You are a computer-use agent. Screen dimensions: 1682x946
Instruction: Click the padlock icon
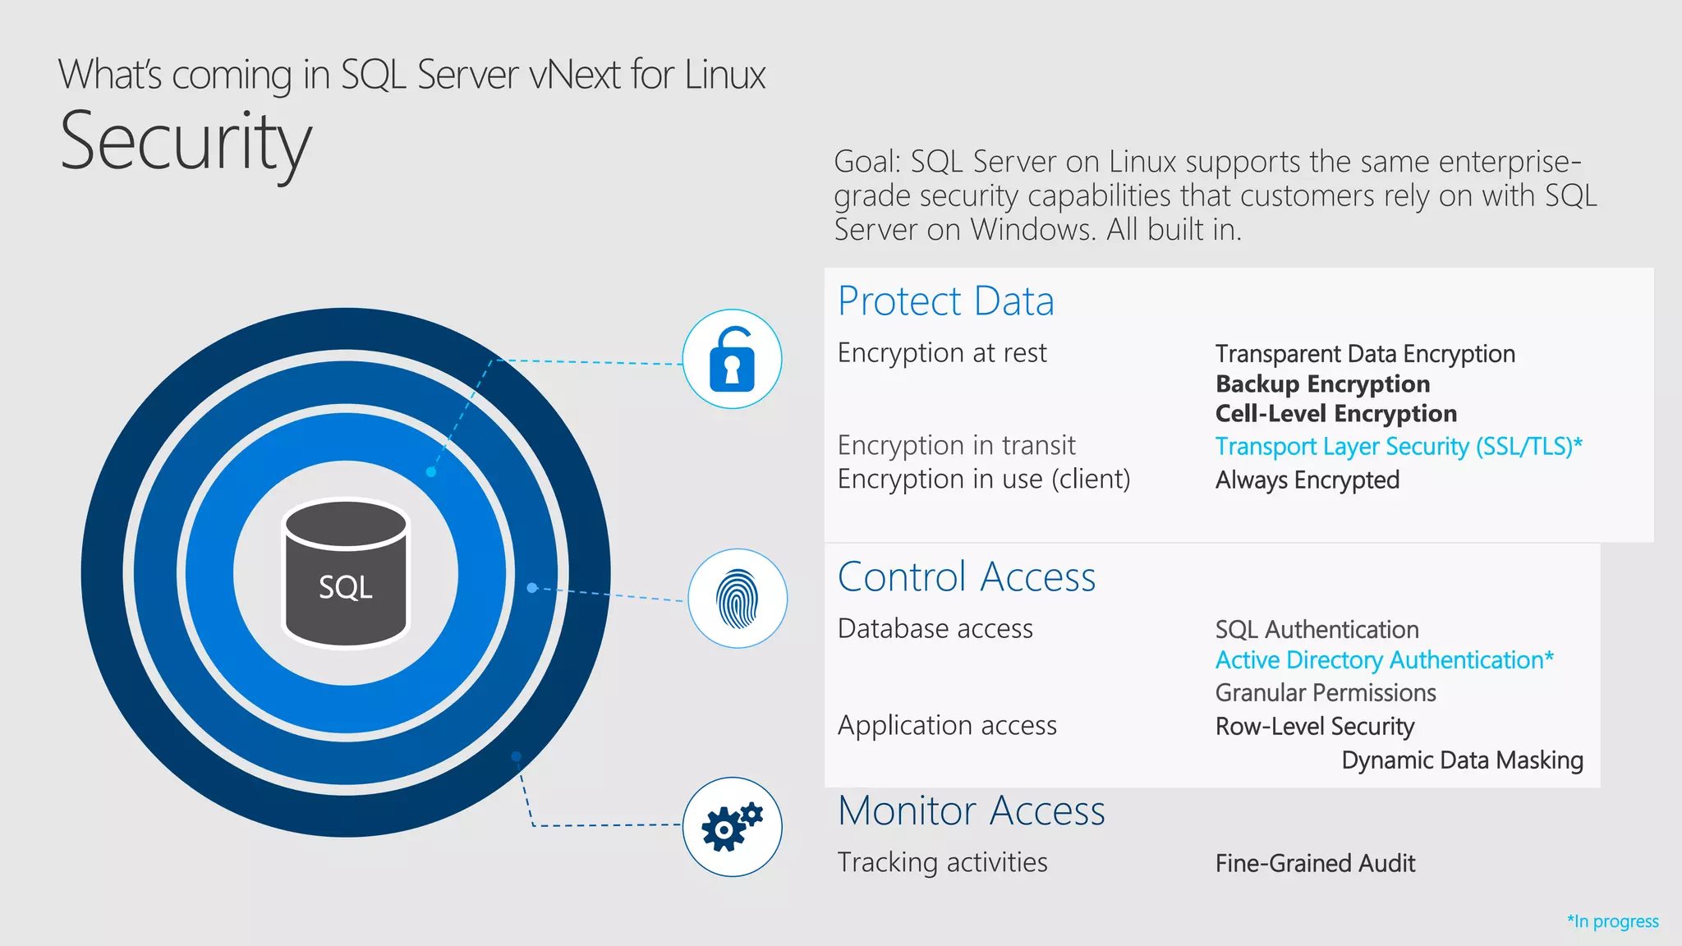732,359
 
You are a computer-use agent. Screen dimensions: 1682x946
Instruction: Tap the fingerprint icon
738,599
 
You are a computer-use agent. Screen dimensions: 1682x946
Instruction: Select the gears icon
732,827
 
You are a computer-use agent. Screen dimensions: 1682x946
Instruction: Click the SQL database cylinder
346,574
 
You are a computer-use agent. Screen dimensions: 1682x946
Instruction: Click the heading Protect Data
945,301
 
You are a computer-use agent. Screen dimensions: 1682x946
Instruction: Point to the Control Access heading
966,577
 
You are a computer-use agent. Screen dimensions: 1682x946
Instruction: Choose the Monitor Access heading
971,811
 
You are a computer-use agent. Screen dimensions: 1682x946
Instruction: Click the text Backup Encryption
1322,384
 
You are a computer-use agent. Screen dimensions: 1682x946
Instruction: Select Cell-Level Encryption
1335,414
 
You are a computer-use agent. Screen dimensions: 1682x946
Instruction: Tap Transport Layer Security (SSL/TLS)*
1398,447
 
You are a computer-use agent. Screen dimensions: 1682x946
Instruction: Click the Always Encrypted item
1307,480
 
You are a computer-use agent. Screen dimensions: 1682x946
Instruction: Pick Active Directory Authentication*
1384,660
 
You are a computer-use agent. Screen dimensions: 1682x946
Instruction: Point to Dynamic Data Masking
1462,760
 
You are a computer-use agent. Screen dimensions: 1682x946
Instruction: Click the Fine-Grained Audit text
1315,864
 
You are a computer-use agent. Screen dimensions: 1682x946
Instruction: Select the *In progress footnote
1612,921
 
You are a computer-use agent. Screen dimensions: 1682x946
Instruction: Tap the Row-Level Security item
1314,727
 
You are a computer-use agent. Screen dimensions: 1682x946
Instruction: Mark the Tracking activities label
942,863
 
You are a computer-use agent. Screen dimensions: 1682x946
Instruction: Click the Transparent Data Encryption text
1365,354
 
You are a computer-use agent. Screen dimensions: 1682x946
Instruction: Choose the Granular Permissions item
1326,693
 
